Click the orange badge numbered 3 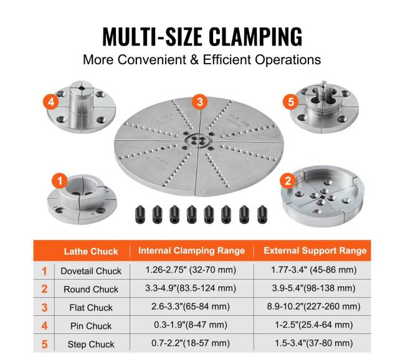200,102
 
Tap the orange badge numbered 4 51,102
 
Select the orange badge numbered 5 291,102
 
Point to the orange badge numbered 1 60,181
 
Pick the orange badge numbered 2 288,181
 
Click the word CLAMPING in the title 255,36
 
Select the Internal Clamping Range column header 191,250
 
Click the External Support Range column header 315,250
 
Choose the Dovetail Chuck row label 91,271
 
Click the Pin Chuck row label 91,326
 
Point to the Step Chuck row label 91,344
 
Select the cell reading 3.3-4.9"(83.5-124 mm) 191,288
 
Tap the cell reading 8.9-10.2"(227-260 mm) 313,307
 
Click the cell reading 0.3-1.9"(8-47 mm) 191,325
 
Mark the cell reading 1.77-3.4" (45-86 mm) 313,270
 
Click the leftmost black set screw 140,214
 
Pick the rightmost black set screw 262,214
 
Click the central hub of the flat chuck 199,141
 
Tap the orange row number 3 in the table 44,308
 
